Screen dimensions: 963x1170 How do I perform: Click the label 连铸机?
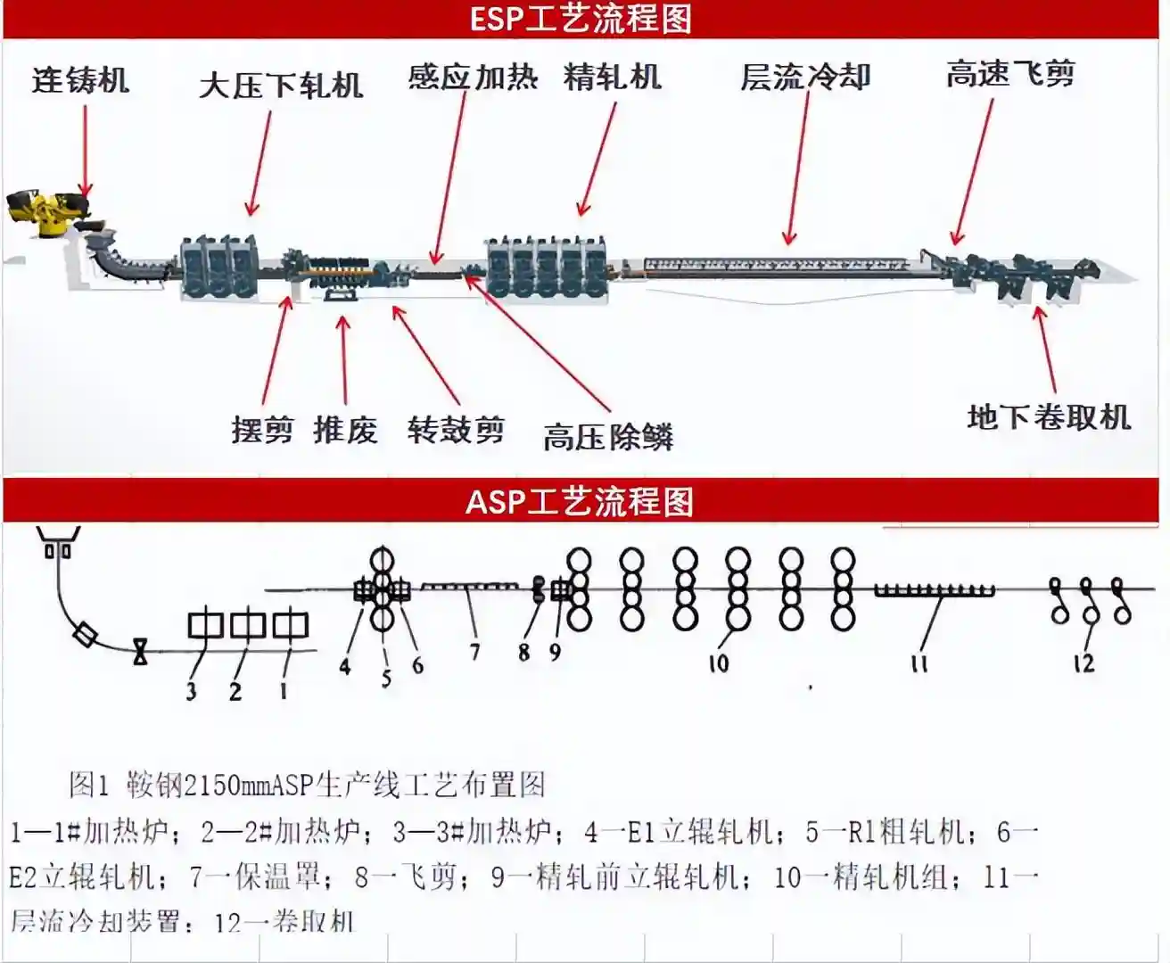(81, 80)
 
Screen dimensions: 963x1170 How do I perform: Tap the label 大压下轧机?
(281, 86)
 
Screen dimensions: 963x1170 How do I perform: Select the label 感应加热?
(473, 78)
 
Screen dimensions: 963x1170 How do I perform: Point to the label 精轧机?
(613, 78)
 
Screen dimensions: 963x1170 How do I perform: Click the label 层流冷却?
(804, 78)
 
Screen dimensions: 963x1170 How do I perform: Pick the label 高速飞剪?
(1010, 74)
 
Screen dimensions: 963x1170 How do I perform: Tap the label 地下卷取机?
(1049, 417)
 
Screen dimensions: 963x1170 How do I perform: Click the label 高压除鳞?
(608, 437)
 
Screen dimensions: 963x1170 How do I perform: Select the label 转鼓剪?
(456, 431)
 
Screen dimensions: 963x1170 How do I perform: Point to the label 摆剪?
(262, 431)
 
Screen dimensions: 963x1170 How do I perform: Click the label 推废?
(345, 431)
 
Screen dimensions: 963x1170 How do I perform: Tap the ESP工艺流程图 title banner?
(581, 19)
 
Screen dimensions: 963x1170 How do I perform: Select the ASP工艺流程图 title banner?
(580, 501)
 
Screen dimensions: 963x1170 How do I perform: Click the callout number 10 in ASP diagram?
(719, 663)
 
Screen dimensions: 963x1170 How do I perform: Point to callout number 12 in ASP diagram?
(1083, 663)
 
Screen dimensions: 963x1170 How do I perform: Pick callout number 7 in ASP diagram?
(474, 653)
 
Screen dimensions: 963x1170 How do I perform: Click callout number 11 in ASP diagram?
(919, 663)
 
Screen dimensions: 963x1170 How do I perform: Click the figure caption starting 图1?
(307, 785)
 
